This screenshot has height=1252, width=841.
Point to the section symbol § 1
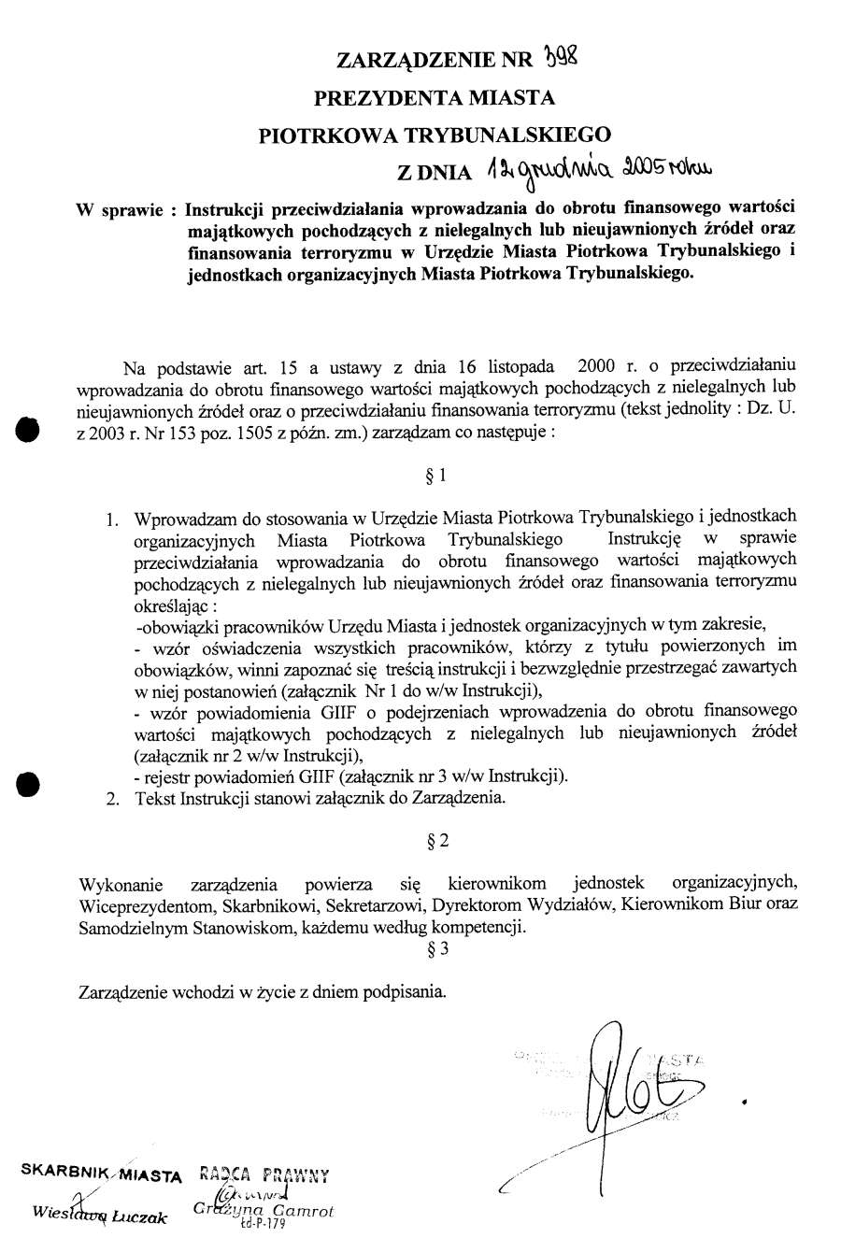point(435,475)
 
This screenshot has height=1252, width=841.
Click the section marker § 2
point(436,840)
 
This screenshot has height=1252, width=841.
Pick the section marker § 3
point(436,949)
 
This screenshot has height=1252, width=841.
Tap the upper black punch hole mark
point(29,430)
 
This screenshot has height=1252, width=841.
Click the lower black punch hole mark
point(29,783)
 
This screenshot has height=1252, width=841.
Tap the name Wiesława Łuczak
point(99,1215)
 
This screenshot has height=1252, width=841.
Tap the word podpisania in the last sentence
point(404,992)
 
